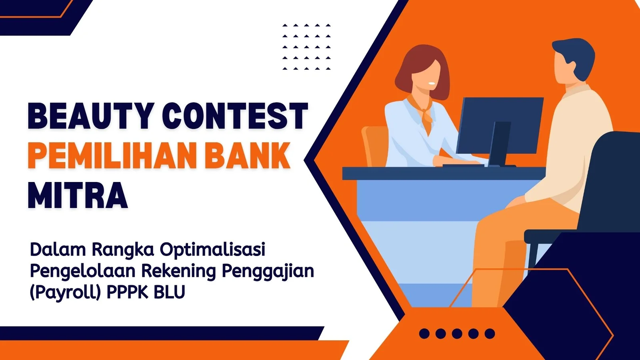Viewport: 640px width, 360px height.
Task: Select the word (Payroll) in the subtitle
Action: click(x=66, y=292)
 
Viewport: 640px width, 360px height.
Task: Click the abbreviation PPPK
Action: click(x=128, y=292)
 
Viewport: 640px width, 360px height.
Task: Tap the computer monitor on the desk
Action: click(x=500, y=132)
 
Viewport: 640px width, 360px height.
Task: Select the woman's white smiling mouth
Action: click(x=432, y=84)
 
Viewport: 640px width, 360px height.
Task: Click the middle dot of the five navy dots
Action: click(x=457, y=334)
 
